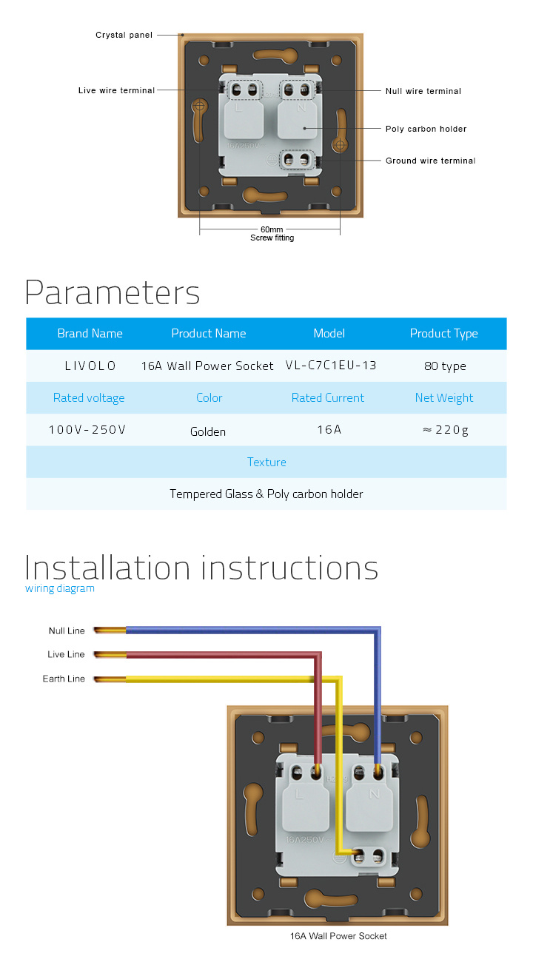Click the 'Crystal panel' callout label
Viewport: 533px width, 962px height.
click(124, 35)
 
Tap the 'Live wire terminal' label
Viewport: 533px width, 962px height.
click(116, 90)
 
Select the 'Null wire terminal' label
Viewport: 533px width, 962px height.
click(423, 91)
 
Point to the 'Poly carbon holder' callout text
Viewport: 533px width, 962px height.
click(426, 129)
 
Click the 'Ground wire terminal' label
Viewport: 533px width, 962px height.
click(430, 161)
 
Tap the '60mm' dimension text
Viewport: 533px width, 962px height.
click(272, 229)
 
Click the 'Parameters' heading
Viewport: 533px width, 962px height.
click(113, 292)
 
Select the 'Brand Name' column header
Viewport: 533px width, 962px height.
click(90, 333)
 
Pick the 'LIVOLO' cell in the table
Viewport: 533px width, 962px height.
click(90, 366)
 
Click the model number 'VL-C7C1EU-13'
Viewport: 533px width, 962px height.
click(331, 366)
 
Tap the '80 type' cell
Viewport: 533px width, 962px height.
click(445, 366)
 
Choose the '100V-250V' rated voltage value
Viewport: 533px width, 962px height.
click(87, 429)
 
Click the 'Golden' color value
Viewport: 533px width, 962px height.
click(208, 431)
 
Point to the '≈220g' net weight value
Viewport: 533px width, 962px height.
click(446, 430)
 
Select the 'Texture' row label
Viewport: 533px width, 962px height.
click(266, 462)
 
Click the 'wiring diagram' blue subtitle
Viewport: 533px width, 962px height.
click(60, 588)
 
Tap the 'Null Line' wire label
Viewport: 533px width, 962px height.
click(67, 631)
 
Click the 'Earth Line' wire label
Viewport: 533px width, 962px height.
click(64, 679)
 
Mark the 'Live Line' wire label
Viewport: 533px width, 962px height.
click(66, 654)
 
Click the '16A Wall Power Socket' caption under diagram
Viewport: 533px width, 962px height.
click(338, 936)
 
